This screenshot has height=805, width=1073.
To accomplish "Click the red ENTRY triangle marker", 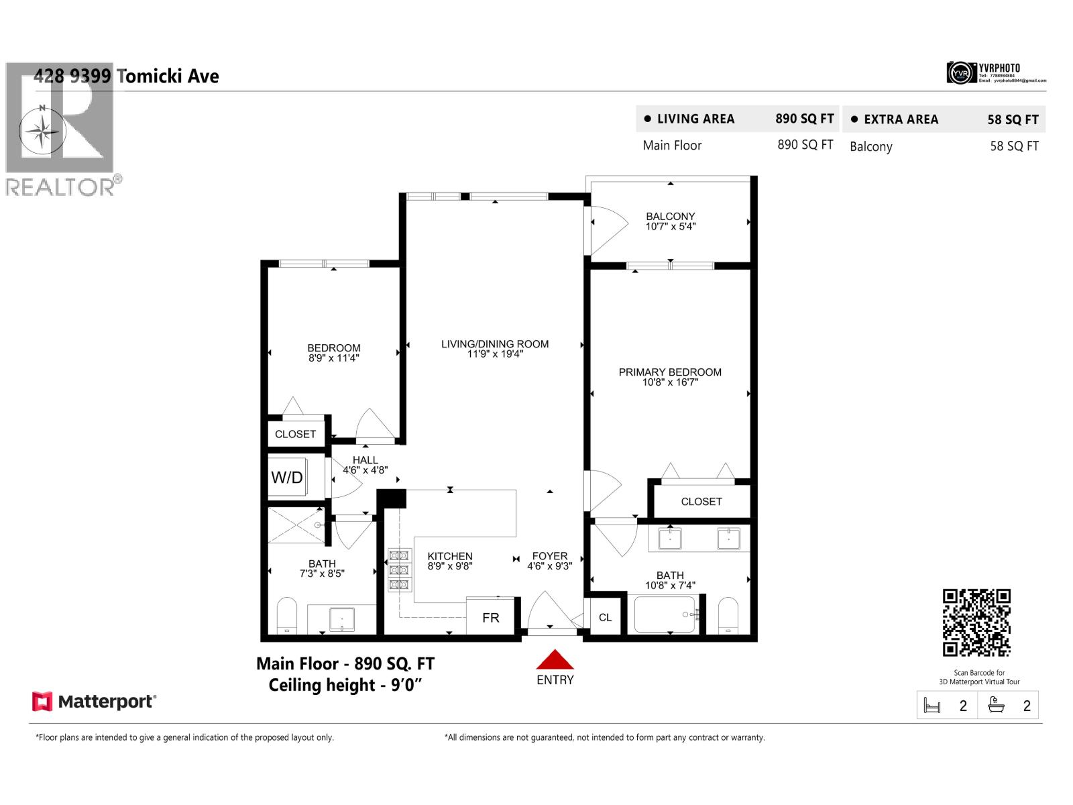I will click(555, 660).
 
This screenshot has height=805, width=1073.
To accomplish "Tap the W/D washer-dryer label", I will click(287, 478).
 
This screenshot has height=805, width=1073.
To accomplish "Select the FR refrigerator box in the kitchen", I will click(490, 617).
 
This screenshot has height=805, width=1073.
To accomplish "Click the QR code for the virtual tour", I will click(976, 623).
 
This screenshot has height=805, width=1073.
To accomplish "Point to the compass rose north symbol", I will click(42, 130).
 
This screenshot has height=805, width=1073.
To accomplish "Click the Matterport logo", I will click(94, 702).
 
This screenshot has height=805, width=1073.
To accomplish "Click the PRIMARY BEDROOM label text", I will click(670, 372).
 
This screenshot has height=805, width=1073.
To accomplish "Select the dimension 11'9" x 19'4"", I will click(495, 354).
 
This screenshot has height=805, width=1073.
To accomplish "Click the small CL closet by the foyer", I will click(605, 617).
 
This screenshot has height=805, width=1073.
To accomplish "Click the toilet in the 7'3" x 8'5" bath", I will click(286, 616).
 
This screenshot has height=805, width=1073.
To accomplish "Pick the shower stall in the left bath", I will click(296, 525).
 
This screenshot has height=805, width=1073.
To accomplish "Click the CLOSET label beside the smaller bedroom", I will click(295, 434).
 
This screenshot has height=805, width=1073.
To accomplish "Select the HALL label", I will click(365, 460).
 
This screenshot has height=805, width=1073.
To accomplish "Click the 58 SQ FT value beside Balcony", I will click(1014, 146).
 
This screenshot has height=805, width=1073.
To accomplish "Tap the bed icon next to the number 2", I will click(932, 706).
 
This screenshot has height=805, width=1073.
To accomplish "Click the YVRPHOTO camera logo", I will click(961, 72).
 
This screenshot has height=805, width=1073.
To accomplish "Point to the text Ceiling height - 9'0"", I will click(345, 685).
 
